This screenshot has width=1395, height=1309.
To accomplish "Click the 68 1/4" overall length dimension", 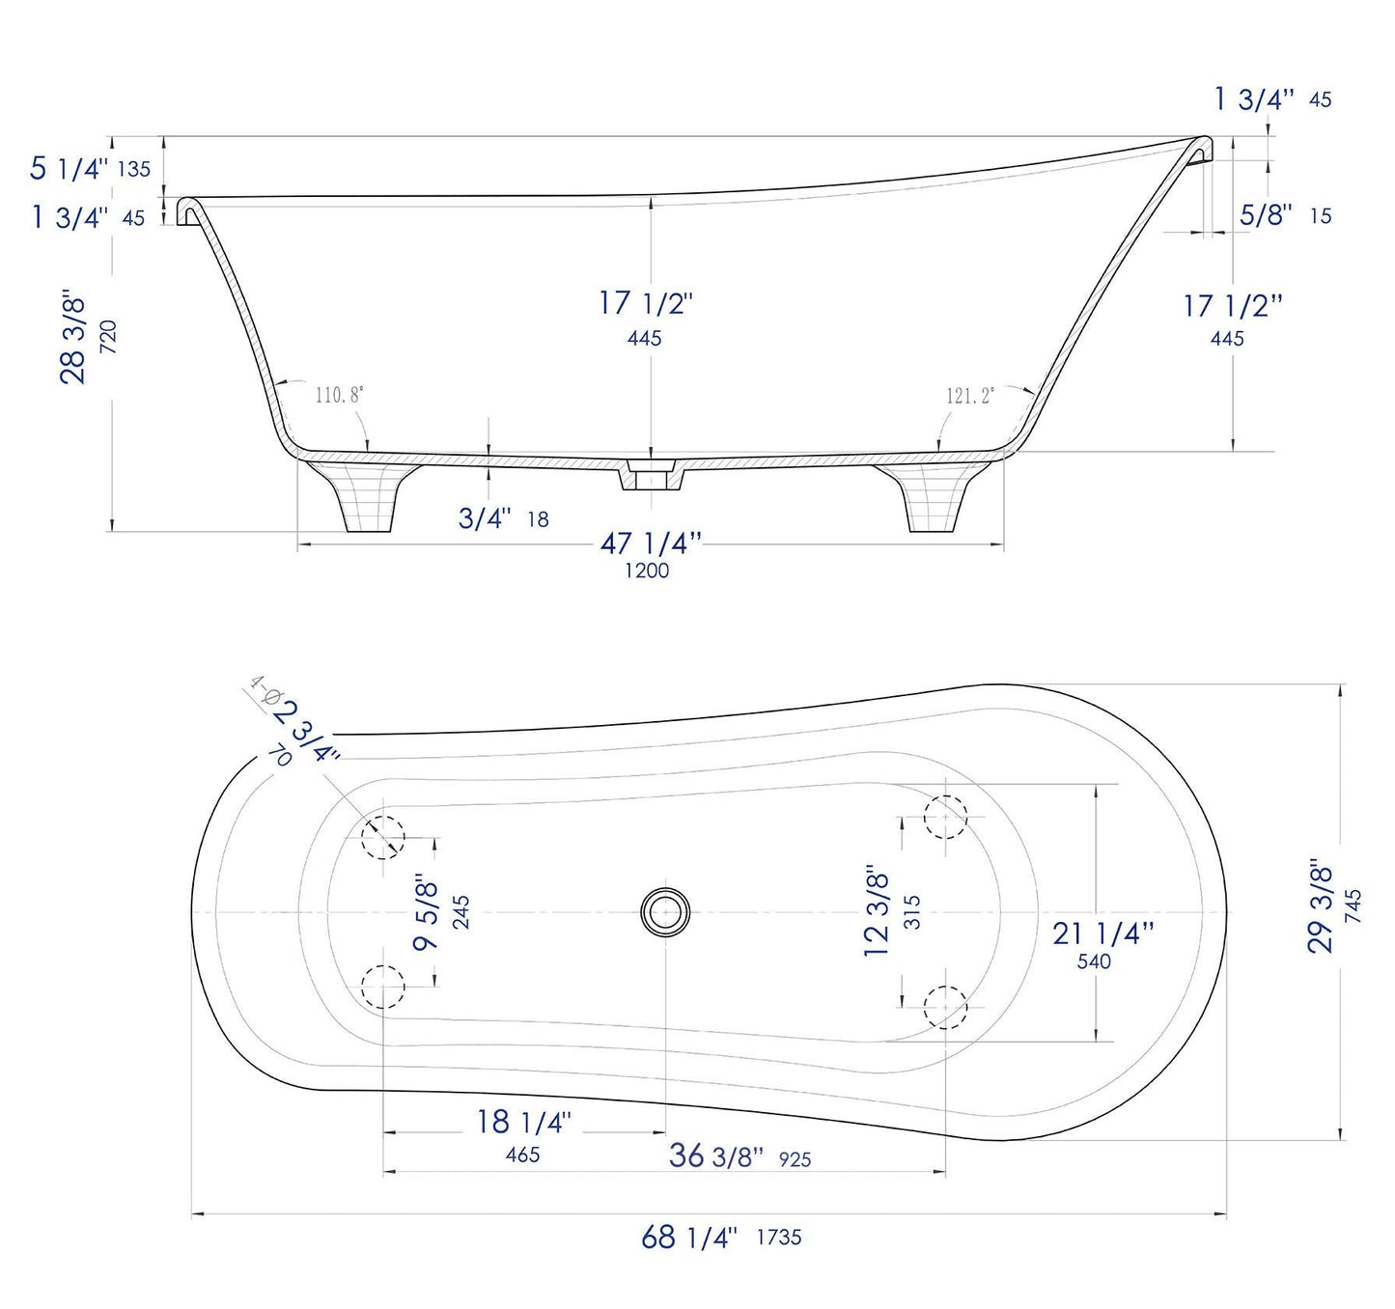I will point(689,1237).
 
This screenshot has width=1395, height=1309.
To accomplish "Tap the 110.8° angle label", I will point(339,394).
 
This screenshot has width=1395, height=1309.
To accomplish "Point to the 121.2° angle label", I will point(969,396).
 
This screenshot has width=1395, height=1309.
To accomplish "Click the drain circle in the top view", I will point(665,911).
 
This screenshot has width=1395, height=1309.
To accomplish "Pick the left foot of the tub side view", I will point(362,496).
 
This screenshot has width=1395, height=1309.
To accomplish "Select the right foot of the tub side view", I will point(934,496).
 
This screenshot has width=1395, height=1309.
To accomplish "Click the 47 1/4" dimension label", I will point(650,544).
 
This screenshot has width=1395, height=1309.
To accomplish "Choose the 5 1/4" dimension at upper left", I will point(69,168).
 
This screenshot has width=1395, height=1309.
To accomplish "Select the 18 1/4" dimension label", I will point(523,1122).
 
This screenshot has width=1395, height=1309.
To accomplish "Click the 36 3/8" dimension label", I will point(715,1156).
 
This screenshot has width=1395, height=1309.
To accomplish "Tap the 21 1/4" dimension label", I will point(1102,933).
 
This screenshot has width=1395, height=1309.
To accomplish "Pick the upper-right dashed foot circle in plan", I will point(945,817).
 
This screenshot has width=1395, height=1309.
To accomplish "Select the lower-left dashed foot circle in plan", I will point(382,987).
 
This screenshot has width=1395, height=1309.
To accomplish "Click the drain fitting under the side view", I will point(651,476).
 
